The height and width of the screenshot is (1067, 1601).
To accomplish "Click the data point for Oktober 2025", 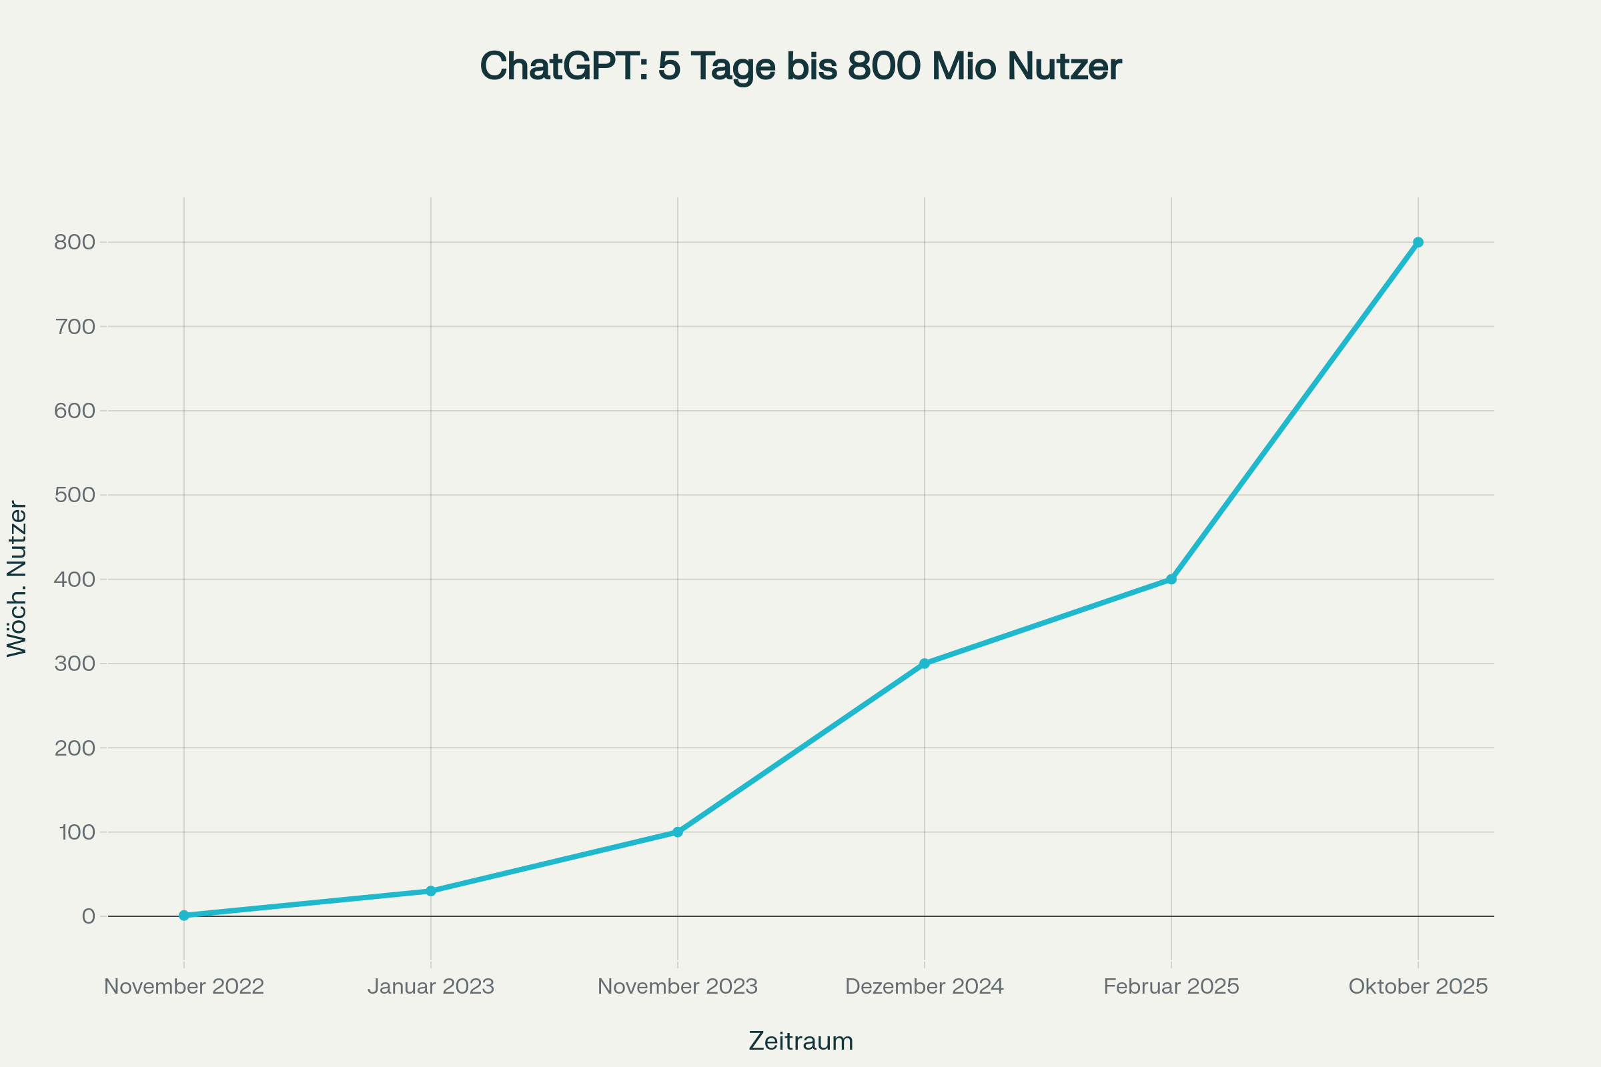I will (1418, 242).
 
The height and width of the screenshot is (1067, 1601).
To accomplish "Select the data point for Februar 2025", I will (1171, 579).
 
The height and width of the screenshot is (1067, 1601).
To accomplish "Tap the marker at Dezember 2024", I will (925, 664).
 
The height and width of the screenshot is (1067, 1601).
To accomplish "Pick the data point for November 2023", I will (677, 832).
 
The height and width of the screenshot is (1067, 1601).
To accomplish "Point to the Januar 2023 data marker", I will (431, 891).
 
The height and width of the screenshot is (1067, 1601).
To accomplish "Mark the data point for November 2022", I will (184, 915).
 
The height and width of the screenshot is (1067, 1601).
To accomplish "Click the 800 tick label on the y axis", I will (75, 242).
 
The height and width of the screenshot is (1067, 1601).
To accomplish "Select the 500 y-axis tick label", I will (75, 495).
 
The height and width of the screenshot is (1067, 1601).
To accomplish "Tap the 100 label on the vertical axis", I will (77, 832).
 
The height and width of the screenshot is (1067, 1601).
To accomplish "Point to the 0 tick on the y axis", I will (89, 916).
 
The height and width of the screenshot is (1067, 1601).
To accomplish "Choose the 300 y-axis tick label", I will (75, 664).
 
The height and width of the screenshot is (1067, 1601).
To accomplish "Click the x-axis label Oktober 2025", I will (1418, 987).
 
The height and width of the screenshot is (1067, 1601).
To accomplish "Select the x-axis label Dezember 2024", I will (925, 987).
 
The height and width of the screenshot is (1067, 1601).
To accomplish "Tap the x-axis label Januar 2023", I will (431, 987).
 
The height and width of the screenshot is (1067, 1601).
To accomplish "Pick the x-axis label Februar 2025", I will (1171, 987).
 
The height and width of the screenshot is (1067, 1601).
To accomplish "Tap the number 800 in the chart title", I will (885, 67).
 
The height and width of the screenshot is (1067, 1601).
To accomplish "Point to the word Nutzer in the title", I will (1063, 67).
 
